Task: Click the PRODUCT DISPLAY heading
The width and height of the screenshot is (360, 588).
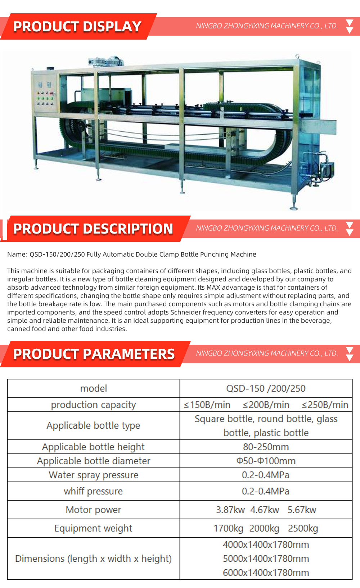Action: click(77, 27)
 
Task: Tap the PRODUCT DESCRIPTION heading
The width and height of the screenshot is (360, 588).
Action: click(93, 229)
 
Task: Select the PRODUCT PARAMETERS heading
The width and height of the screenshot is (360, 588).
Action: click(94, 354)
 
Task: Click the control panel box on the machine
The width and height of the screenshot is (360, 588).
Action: click(45, 93)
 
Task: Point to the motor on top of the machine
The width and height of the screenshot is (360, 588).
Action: click(108, 62)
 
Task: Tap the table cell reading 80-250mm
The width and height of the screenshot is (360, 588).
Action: click(266, 447)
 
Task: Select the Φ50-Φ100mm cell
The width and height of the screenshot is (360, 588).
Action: click(266, 461)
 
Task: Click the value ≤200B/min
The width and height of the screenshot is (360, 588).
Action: click(266, 405)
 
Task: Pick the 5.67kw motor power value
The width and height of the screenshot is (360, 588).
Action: click(302, 510)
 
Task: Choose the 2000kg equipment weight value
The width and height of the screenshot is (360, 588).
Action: click(264, 529)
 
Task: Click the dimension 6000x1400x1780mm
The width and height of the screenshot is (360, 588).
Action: click(266, 573)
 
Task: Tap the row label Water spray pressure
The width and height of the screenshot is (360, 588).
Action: click(94, 475)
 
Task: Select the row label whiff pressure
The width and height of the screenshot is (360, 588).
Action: click(93, 491)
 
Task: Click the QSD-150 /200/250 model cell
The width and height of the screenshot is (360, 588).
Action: click(266, 389)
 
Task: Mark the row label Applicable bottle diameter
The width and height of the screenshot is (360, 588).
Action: click(94, 461)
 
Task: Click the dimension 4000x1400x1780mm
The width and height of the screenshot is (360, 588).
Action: click(266, 545)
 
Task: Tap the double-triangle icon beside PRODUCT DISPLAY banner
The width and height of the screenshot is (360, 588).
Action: click(349, 27)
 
